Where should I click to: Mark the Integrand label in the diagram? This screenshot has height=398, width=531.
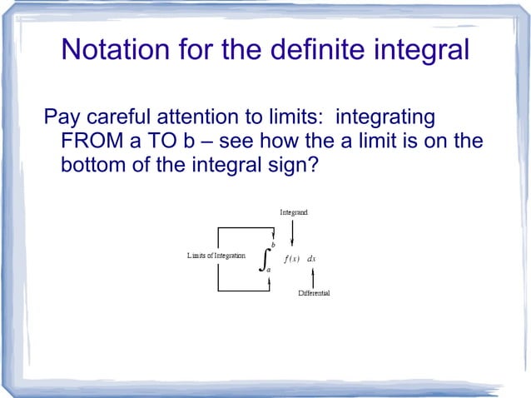point(293,213)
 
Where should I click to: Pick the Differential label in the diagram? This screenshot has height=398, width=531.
point(314,295)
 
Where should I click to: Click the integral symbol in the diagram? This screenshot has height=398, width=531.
point(265,261)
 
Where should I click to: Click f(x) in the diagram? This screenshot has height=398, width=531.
point(292,258)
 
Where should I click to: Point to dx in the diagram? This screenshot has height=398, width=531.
point(311,258)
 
